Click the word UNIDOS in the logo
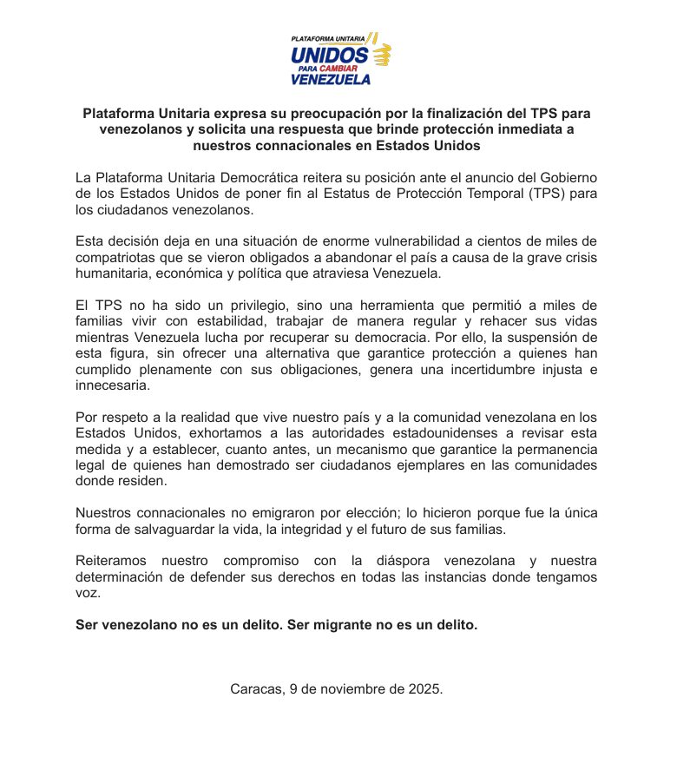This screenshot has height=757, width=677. point(330,54)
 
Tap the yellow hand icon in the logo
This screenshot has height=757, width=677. point(381,55)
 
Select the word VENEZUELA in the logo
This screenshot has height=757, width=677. point(331,79)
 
